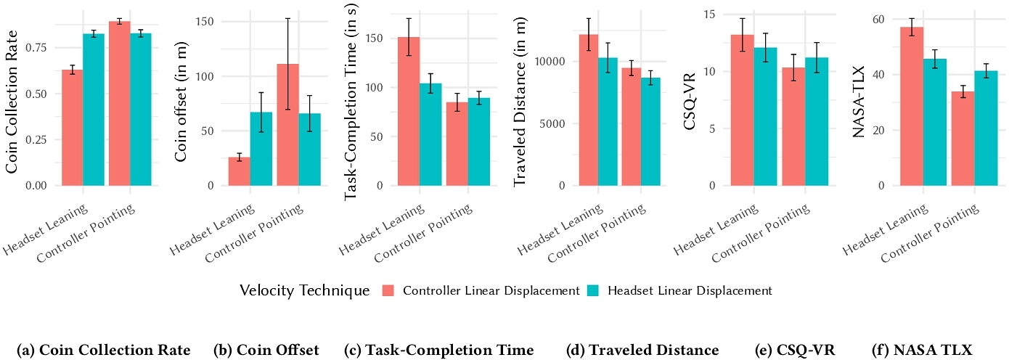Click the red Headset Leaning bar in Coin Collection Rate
[73, 128]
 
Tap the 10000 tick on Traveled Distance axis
[549, 62]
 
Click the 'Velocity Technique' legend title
[304, 291]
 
